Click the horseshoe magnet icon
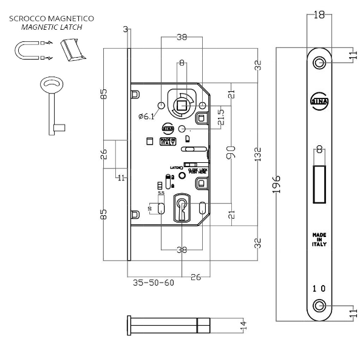(x=25, y=49)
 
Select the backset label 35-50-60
(x=152, y=283)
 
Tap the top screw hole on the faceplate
(x=320, y=63)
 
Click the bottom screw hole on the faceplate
(x=320, y=304)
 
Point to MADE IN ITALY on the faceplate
(x=319, y=239)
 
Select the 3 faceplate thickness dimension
(x=124, y=29)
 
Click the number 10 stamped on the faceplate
(x=319, y=288)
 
